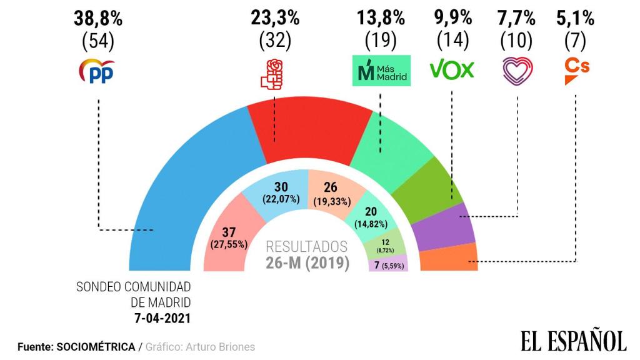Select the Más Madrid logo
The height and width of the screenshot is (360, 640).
[x=380, y=71]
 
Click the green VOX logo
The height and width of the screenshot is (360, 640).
[x=452, y=70]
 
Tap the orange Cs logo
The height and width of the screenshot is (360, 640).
[x=576, y=70]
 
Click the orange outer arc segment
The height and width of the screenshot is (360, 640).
[x=449, y=257]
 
